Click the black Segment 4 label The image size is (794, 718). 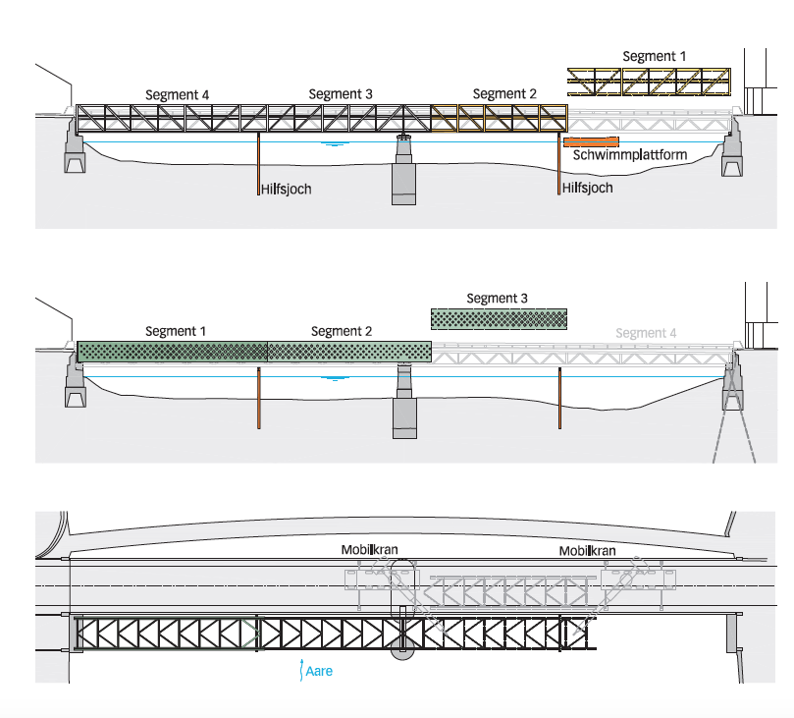(178, 94)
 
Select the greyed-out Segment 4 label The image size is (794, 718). (646, 333)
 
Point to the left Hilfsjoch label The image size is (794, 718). (287, 189)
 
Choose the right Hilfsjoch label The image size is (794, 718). (588, 188)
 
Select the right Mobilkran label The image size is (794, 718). (587, 552)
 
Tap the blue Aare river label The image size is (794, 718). (319, 673)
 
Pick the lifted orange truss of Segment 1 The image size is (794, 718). (651, 81)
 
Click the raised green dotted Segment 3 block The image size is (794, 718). (499, 318)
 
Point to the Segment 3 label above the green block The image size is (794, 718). (498, 298)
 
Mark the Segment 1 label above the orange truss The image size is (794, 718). (655, 56)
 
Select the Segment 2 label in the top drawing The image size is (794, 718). (504, 93)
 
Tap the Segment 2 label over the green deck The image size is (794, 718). (342, 331)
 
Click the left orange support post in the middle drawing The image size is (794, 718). (258, 398)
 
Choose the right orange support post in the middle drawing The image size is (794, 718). (559, 398)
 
